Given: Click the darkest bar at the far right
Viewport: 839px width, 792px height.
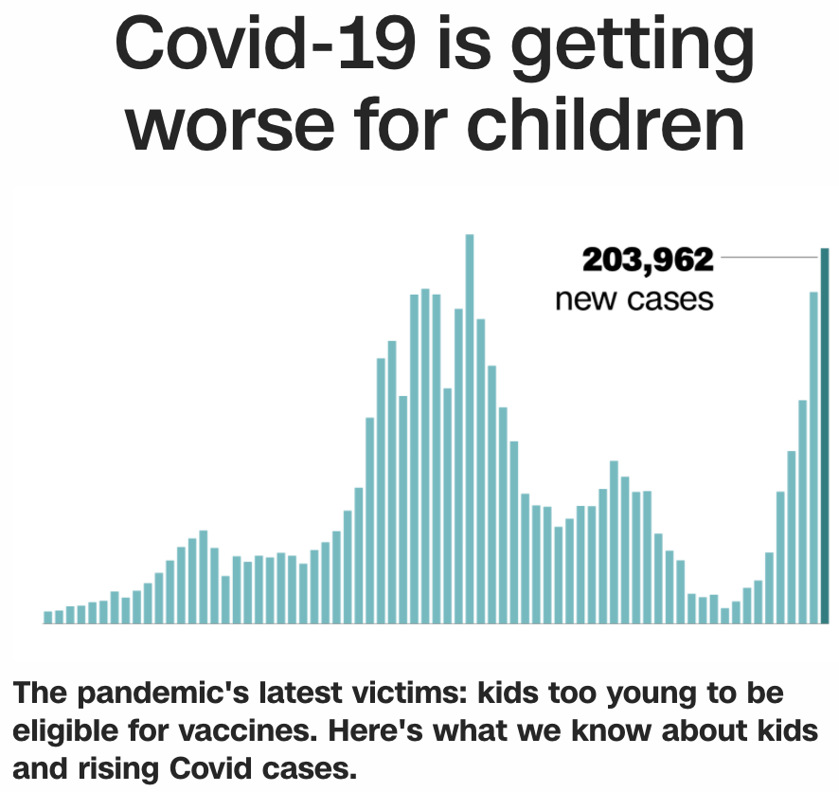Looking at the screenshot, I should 824,436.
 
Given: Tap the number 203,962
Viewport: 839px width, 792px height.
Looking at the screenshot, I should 647,260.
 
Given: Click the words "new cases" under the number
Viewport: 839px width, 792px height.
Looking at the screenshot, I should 634,299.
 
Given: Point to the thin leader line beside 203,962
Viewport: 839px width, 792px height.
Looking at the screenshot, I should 767,256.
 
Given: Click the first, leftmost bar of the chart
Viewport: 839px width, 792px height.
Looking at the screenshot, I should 48,617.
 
